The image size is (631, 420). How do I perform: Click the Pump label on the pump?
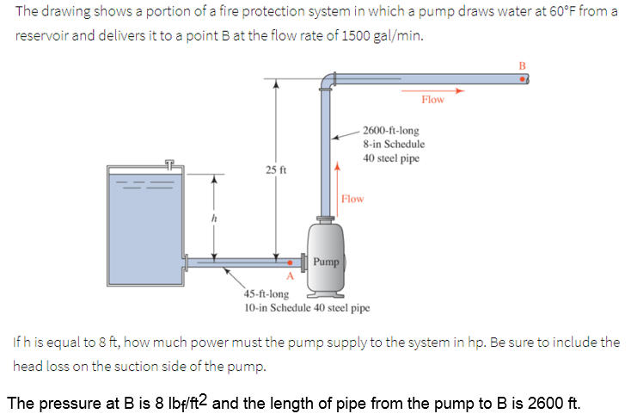click(x=327, y=261)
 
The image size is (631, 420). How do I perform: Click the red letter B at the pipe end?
click(x=520, y=65)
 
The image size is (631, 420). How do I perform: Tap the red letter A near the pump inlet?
click(x=290, y=275)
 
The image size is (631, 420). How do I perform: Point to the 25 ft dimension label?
click(x=274, y=170)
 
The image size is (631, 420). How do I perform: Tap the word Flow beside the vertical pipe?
click(x=352, y=199)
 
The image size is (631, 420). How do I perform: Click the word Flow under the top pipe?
click(x=432, y=100)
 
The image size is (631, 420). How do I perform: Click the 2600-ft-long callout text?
click(x=391, y=130)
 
